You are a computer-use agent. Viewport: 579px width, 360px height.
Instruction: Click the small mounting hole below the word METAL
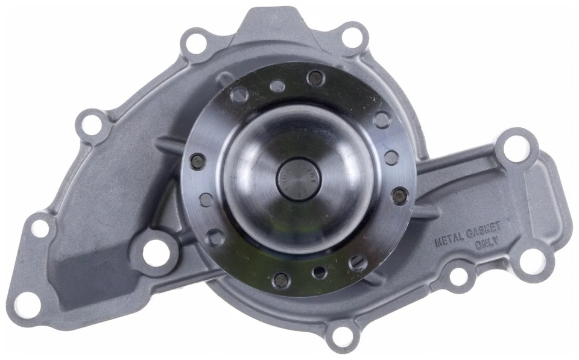[x=459, y=276]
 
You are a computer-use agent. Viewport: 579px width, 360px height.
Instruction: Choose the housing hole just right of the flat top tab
[x=351, y=36]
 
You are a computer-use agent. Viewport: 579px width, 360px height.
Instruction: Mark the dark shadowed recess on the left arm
[x=90, y=265]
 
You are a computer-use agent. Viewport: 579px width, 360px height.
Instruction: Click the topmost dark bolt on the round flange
[x=315, y=77]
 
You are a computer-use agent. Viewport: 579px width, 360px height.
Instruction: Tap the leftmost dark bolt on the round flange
[x=197, y=161]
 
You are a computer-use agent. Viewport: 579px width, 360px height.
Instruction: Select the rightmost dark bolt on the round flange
[x=399, y=194]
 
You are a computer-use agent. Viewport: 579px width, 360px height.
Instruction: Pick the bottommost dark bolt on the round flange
[x=280, y=279]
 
